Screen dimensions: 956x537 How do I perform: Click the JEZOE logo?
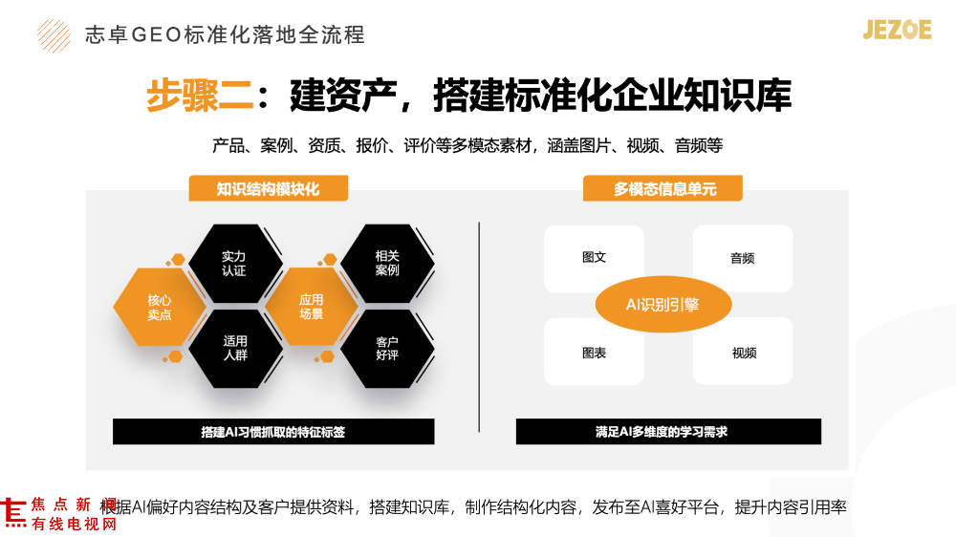pos(897,30)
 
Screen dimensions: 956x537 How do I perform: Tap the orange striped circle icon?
pos(54,35)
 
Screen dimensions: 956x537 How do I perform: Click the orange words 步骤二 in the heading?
pos(200,96)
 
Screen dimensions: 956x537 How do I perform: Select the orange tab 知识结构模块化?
pos(269,188)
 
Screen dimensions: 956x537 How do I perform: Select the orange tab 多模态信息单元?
pos(663,188)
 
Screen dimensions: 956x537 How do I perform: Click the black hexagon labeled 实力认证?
pos(235,264)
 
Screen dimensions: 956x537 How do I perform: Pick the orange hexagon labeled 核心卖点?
pos(160,308)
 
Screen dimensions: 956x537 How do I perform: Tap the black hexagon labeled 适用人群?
pos(235,349)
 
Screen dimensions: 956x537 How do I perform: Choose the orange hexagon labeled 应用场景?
pos(312,307)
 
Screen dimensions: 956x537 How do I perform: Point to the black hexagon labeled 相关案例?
pos(387,264)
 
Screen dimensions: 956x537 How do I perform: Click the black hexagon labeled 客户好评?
pos(387,349)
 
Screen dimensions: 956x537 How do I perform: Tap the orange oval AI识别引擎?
pos(663,304)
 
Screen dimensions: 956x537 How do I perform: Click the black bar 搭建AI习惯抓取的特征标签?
pos(273,432)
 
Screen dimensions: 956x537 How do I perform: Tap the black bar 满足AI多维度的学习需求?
pos(668,432)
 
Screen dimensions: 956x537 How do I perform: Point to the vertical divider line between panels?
pos(479,328)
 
